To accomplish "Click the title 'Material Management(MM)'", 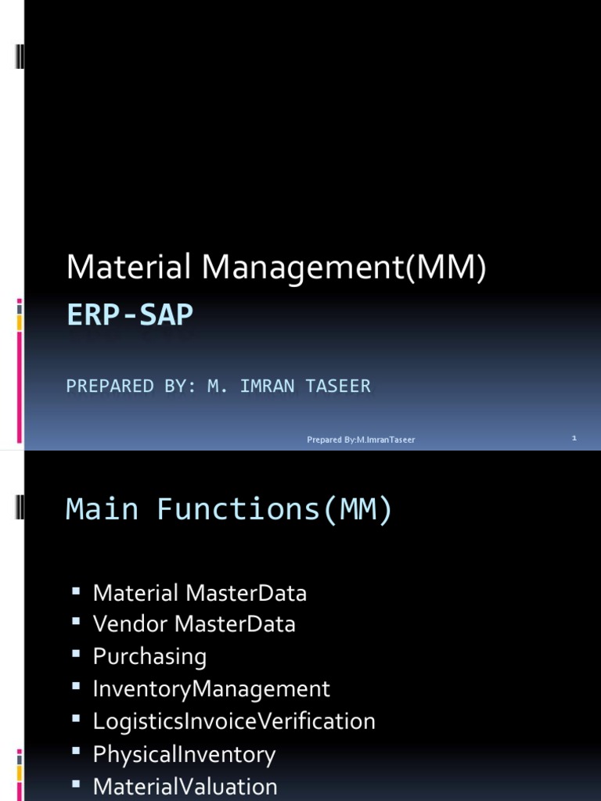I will [276, 268].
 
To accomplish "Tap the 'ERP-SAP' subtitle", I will [129, 315].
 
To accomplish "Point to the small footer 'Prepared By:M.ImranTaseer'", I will [361, 440].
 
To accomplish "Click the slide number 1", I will [574, 439].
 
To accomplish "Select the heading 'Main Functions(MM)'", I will [229, 509].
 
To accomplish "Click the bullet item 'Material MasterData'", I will [200, 593].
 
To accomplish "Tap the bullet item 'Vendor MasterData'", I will [194, 624].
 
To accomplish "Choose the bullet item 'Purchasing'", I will [149, 656].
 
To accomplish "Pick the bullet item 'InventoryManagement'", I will [211, 689].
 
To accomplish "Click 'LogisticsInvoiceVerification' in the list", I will [234, 721].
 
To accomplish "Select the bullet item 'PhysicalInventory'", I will [184, 754].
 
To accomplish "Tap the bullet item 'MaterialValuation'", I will [185, 786].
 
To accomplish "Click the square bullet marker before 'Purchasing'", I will [77, 654].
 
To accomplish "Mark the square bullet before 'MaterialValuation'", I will [77, 783].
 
